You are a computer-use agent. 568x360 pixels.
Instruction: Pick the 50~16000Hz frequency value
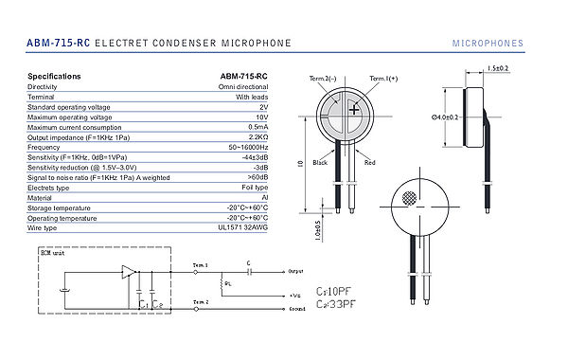(245, 148)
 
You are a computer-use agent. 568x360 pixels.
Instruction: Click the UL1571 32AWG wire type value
(244, 228)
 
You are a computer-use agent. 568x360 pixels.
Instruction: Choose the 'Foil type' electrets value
(252, 188)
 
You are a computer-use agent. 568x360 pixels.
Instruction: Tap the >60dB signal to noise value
(256, 177)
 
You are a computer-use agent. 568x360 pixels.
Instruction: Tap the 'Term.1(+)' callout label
(383, 79)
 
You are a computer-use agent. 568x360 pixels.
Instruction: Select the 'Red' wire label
(370, 162)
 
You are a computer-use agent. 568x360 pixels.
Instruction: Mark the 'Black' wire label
(321, 162)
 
